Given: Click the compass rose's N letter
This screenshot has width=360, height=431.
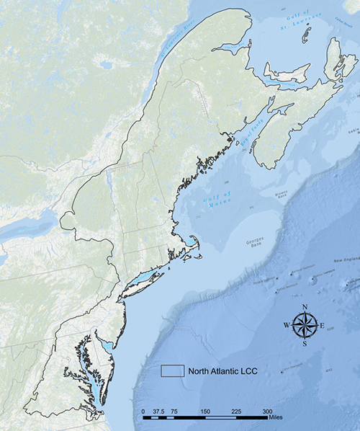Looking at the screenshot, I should click(305, 308).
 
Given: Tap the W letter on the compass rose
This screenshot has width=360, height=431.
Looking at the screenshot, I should click(287, 326).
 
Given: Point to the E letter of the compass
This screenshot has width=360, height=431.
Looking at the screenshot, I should click(323, 326).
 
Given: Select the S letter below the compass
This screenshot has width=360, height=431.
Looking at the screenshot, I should click(305, 344).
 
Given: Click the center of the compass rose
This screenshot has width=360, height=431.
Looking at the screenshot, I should click(305, 326).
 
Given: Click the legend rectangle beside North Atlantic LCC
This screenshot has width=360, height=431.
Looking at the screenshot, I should click(172, 370).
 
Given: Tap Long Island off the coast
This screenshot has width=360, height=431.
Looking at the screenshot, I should click(144, 280).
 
